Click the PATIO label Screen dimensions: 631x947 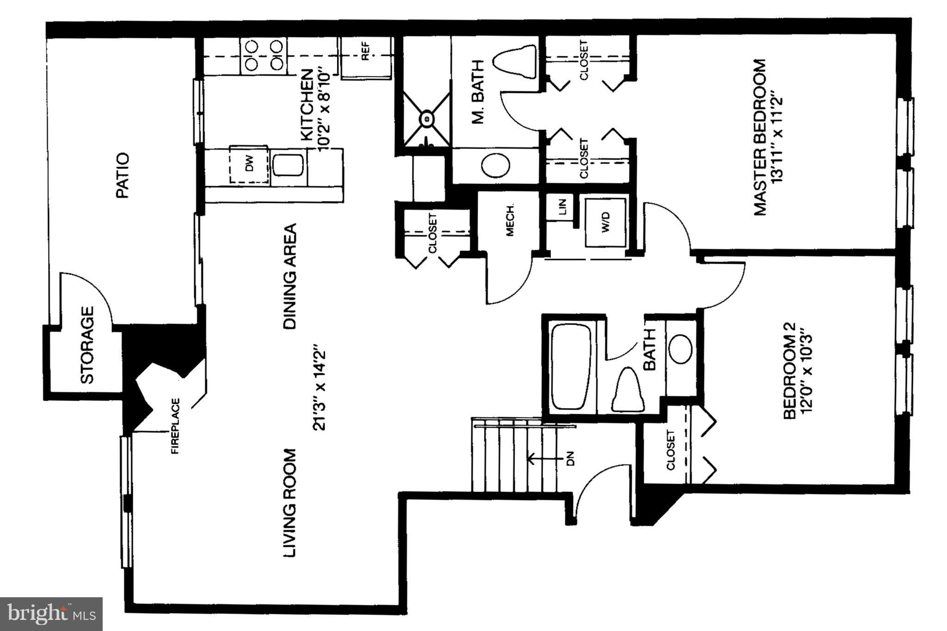point(123,176)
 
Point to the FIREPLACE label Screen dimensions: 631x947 point(176,426)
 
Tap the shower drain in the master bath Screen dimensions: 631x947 point(426,119)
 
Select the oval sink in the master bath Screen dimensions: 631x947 point(495,165)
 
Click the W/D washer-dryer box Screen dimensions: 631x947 point(606,222)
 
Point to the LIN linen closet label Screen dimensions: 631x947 point(562,208)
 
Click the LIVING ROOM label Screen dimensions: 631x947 point(289,502)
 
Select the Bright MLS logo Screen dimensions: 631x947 point(51,613)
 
